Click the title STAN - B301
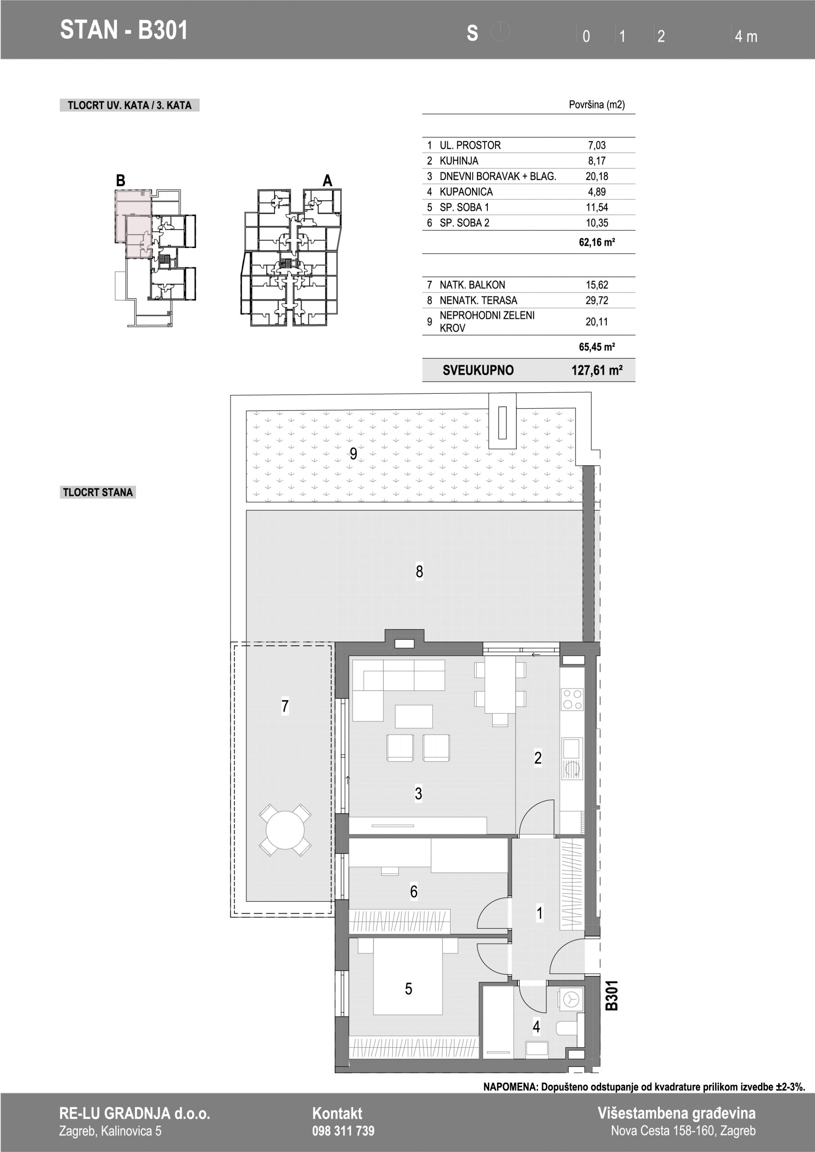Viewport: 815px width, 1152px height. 123,30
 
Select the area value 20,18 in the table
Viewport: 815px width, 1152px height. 597,176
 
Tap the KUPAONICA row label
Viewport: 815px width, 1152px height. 466,192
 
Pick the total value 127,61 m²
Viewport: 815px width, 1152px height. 597,370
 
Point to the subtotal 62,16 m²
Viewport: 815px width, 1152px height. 597,243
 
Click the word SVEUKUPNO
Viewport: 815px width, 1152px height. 478,370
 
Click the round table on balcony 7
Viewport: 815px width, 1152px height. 284,829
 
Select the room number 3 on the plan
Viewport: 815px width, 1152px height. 419,793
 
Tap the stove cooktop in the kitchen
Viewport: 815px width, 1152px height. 572,699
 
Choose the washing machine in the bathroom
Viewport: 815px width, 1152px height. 571,999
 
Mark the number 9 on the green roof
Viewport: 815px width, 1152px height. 353,454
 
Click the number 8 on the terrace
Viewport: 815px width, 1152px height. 419,571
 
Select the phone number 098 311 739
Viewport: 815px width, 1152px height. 343,1130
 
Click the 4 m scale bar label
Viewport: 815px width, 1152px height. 746,36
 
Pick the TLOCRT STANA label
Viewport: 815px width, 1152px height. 98,492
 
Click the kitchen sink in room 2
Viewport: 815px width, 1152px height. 572,749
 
